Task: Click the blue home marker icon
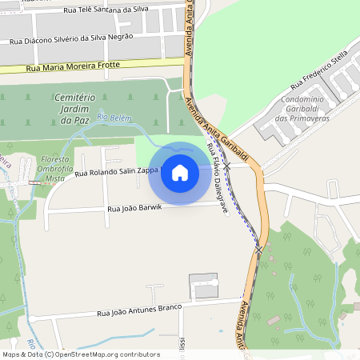pos(180,173)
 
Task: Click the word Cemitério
pos(74,97)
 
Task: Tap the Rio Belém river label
pos(113,118)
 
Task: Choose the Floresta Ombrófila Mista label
pos(54,170)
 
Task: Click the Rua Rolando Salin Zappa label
pos(117,173)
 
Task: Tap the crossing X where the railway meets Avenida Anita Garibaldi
pos(258,250)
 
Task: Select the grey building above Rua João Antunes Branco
pos(203,286)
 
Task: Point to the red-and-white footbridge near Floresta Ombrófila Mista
pos(34,182)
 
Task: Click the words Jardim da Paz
pos(74,114)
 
